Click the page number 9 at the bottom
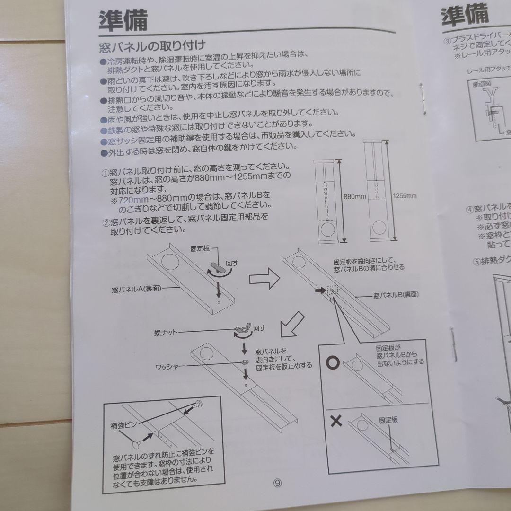277,484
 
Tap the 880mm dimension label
355,196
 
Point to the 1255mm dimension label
405,195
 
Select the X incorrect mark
336,421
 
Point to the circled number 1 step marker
105,173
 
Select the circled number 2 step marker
105,222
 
